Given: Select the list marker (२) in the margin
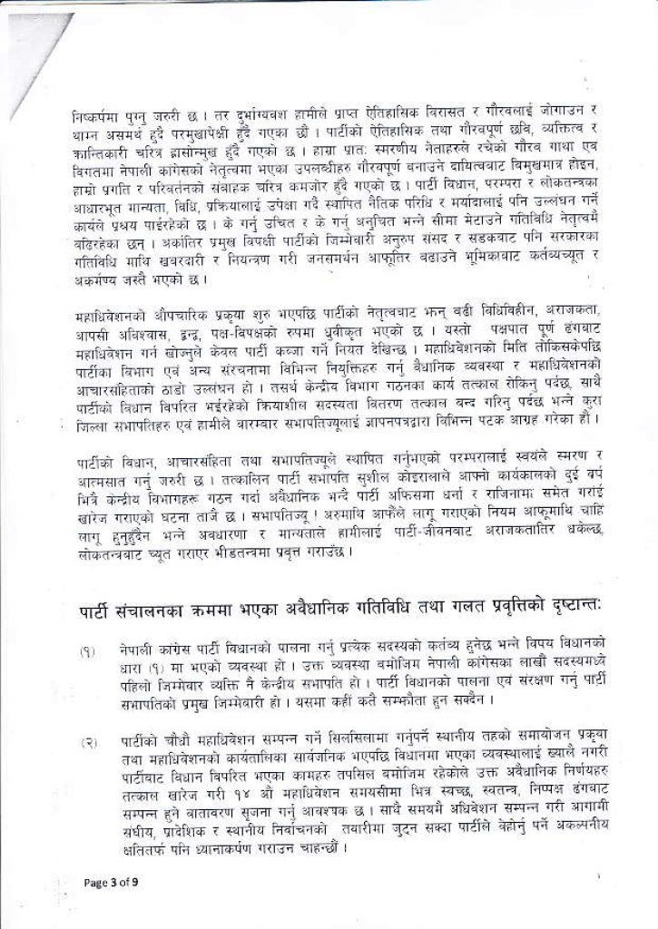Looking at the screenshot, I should click(x=88, y=743).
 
